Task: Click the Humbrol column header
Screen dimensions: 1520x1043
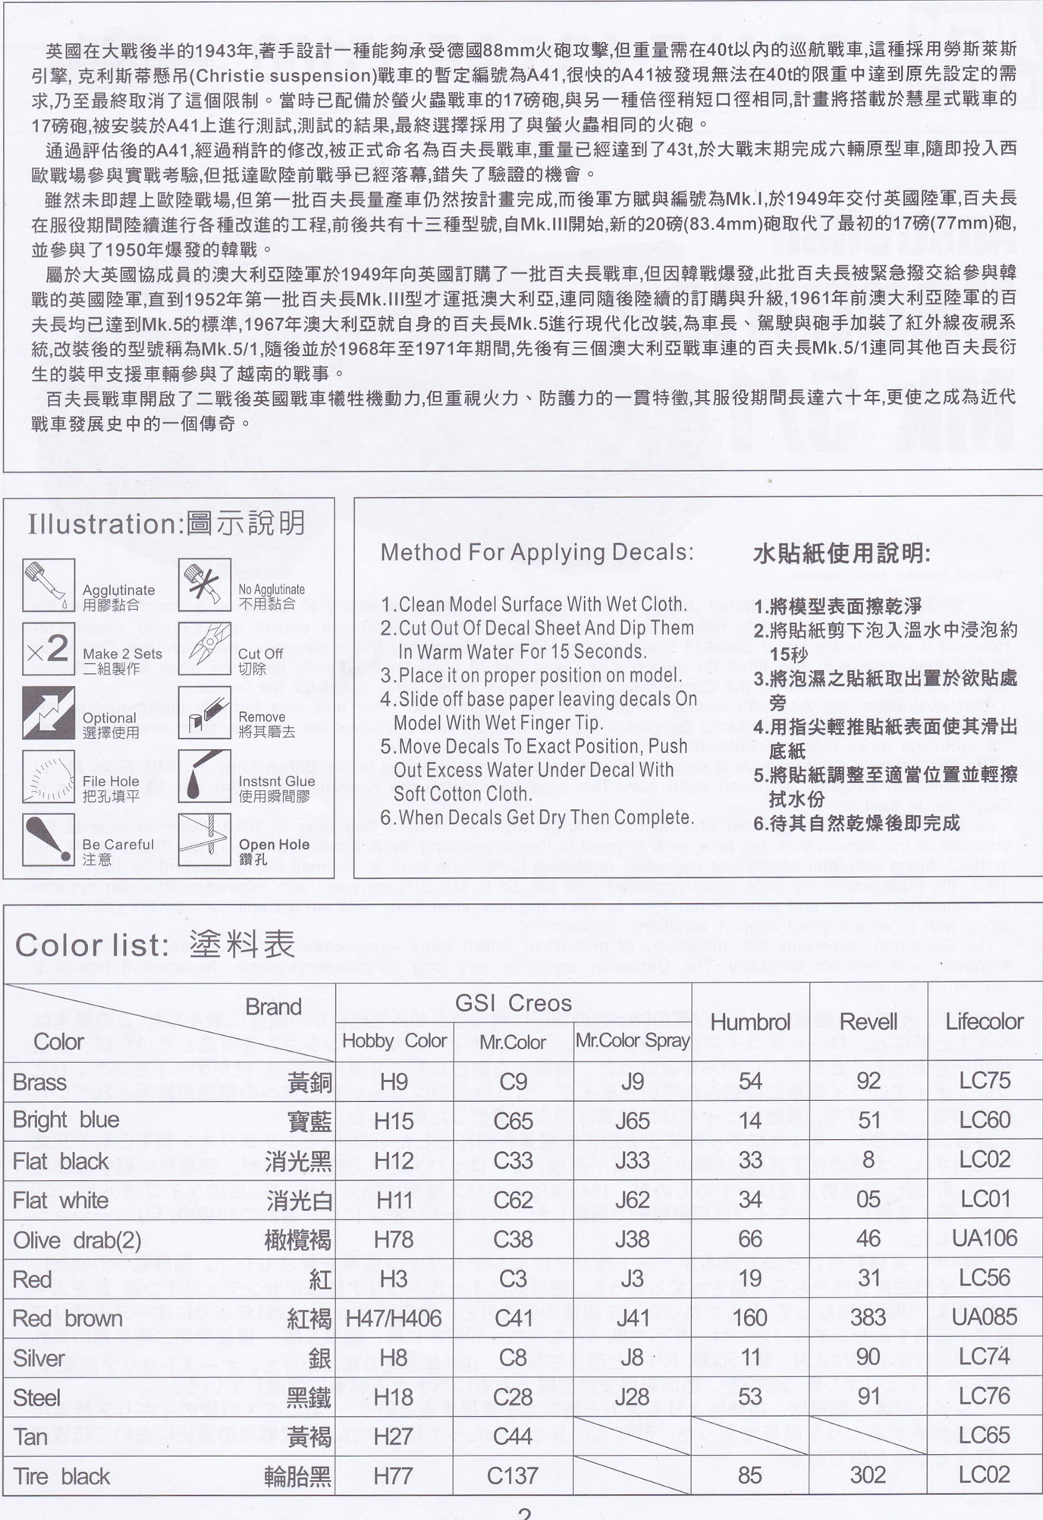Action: [750, 1021]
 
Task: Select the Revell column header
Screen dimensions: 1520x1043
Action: [869, 1021]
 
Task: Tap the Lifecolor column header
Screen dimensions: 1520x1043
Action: [985, 1021]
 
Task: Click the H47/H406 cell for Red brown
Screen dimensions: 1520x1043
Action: [394, 1318]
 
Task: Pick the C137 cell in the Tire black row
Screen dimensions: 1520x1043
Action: [513, 1475]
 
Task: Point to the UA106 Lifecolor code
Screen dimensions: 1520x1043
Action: [985, 1238]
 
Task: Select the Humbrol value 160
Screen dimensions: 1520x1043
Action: [750, 1317]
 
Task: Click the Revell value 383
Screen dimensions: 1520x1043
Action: [869, 1317]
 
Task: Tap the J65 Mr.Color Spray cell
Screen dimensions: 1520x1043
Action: [632, 1121]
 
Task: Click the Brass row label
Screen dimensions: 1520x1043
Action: [40, 1082]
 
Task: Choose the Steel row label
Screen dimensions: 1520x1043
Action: [36, 1397]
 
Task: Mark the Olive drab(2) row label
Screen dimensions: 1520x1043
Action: [77, 1240]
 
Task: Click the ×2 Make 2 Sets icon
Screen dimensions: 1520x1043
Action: [49, 649]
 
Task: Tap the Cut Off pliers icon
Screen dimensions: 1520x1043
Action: [205, 649]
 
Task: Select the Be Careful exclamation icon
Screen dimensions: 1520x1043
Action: [49, 839]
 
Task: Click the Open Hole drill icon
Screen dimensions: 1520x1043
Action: [205, 839]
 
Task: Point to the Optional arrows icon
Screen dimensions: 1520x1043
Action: [49, 713]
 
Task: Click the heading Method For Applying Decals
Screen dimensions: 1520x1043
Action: [537, 552]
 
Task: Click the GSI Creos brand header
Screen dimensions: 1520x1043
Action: [513, 1002]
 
